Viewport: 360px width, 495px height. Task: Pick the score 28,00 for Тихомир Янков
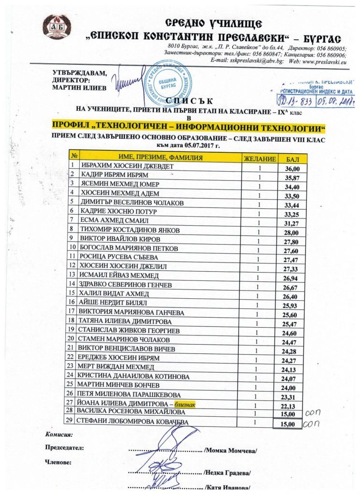tap(293, 232)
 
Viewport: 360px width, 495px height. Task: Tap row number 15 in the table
tap(72, 293)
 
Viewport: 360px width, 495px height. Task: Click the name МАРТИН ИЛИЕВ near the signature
tap(77, 87)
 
